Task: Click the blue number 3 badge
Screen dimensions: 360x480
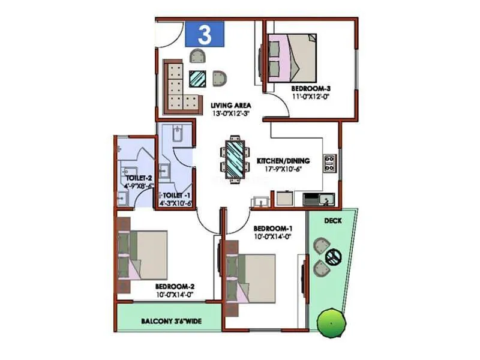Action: click(204, 34)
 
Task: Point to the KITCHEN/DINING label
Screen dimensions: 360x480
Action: click(283, 161)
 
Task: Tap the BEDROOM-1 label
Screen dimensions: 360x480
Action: click(273, 229)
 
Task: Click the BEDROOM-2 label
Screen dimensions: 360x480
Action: click(174, 287)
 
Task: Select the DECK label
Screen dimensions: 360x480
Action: click(333, 220)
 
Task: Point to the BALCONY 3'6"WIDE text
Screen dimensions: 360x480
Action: click(171, 322)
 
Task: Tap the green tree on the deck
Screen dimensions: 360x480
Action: click(329, 324)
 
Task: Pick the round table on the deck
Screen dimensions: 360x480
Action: click(333, 256)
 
